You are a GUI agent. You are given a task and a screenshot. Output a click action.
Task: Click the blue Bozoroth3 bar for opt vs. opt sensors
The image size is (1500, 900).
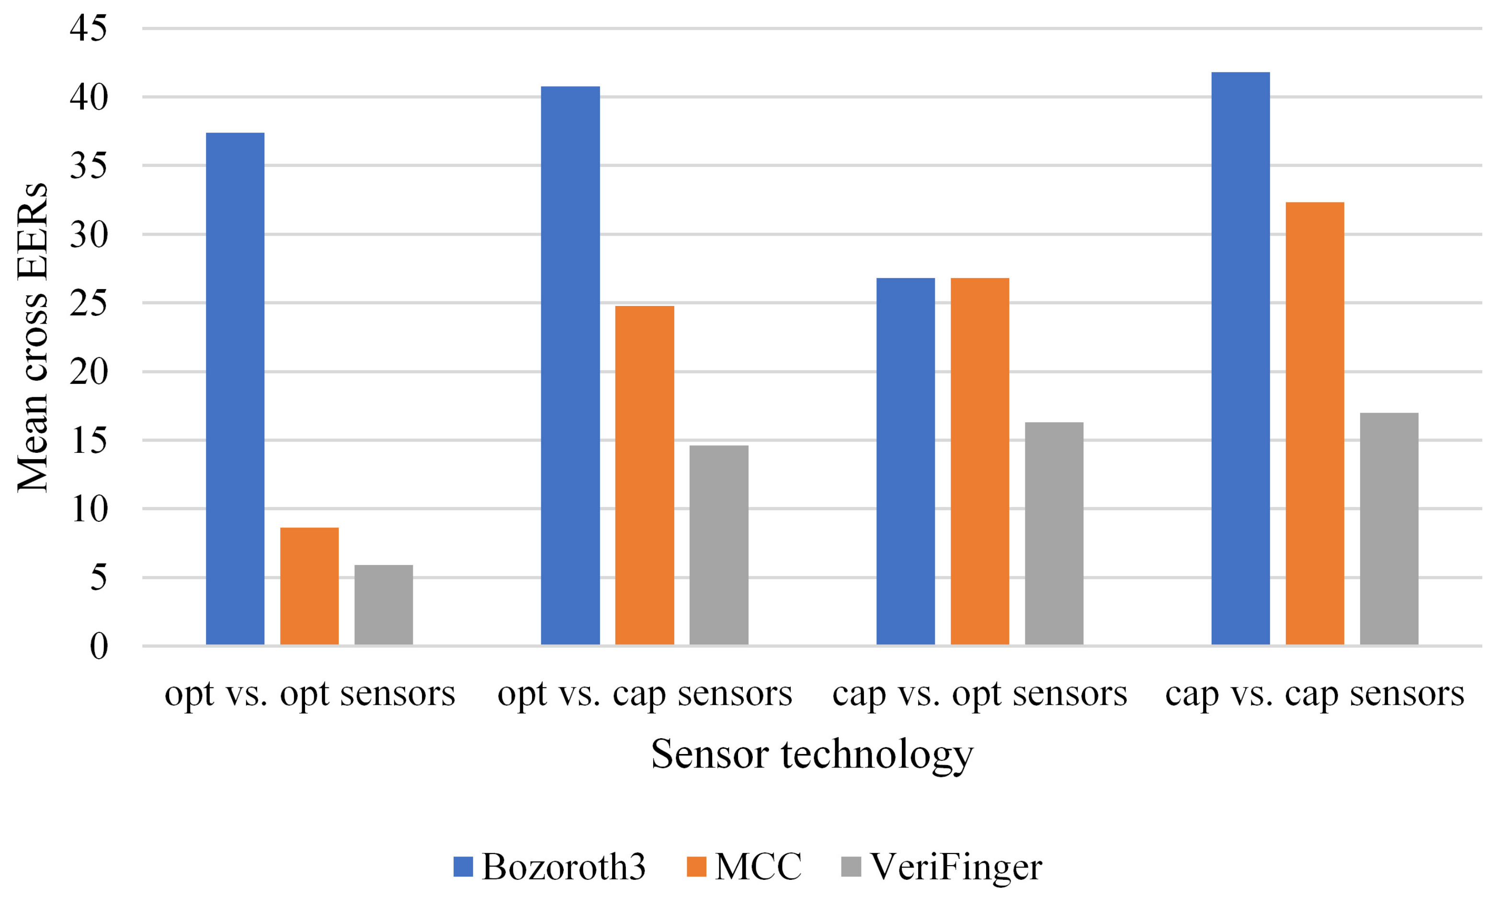pyautogui.click(x=235, y=388)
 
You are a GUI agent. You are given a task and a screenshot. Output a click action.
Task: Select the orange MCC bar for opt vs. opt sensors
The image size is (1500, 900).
pyautogui.click(x=309, y=585)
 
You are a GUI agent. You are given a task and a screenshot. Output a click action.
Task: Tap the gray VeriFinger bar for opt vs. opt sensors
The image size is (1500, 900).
pyautogui.click(x=383, y=604)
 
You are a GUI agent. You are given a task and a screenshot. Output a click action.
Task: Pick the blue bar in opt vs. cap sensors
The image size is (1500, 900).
pyautogui.click(x=570, y=365)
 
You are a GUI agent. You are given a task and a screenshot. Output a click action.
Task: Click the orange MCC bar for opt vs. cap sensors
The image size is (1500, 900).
pyautogui.click(x=644, y=475)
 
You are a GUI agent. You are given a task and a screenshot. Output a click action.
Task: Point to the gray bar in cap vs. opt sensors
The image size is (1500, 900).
pyautogui.click(x=1054, y=533)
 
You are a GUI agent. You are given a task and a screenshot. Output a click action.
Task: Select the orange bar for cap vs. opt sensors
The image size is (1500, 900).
pyautogui.click(x=979, y=461)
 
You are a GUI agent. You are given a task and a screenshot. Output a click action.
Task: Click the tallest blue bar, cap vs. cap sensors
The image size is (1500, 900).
pyautogui.click(x=1240, y=358)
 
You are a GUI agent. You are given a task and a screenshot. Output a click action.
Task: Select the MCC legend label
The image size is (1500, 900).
pyautogui.click(x=758, y=866)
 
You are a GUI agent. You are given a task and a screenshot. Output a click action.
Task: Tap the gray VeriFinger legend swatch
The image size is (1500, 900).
pyautogui.click(x=851, y=866)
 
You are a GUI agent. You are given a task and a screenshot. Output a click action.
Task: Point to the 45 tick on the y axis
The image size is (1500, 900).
pyautogui.click(x=89, y=29)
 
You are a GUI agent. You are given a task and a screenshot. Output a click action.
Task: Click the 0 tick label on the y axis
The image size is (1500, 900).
pyautogui.click(x=99, y=646)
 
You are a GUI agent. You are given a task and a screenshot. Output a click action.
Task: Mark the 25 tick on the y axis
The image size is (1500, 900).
pyautogui.click(x=89, y=303)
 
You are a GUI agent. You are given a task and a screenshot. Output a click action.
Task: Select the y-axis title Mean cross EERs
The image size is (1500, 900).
pyautogui.click(x=32, y=337)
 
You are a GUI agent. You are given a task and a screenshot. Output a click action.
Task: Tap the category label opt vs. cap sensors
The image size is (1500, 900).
pyautogui.click(x=644, y=693)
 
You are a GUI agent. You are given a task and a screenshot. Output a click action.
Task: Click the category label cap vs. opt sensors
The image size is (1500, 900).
pyautogui.click(x=979, y=693)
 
